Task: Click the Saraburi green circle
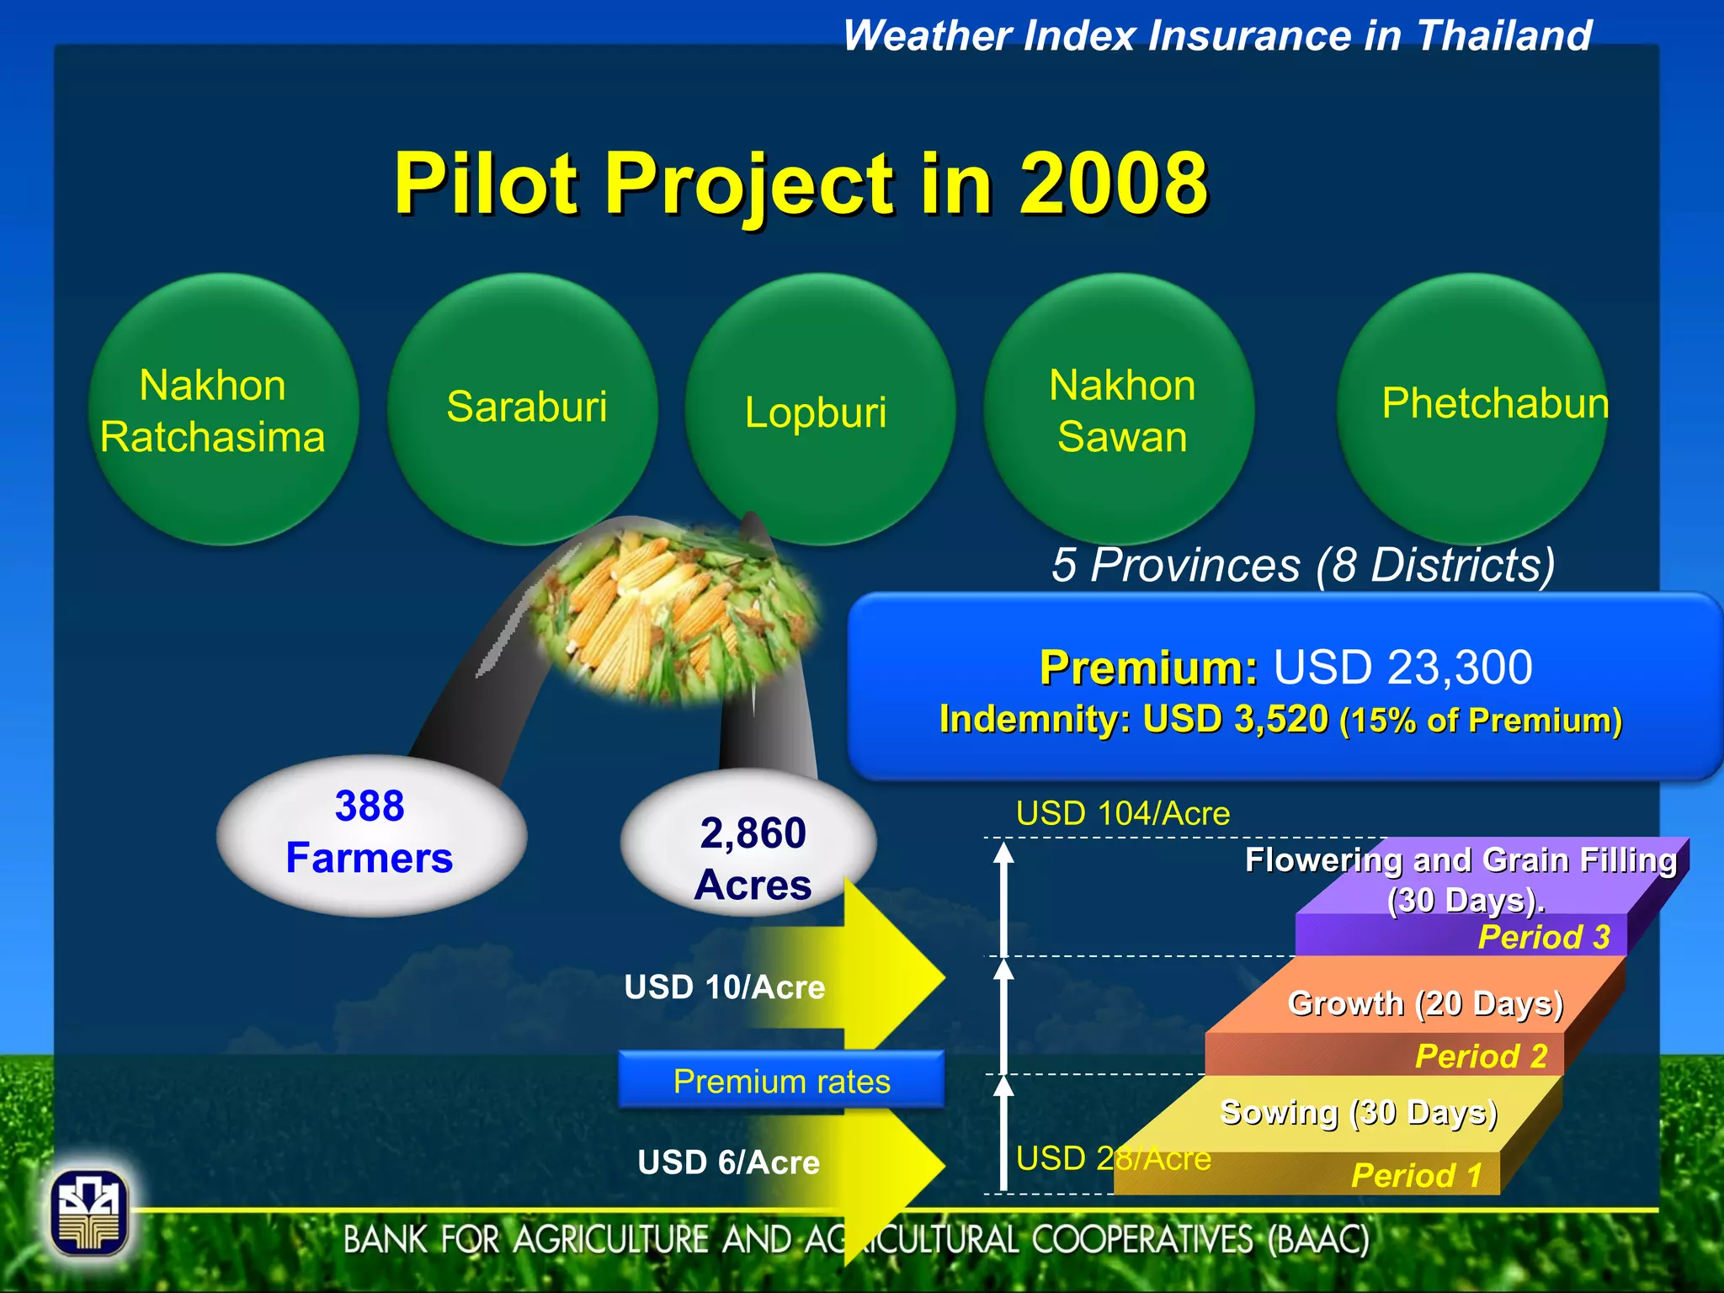coord(522,408)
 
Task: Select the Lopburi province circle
coord(819,411)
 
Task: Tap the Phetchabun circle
coord(1471,408)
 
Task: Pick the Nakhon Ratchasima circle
coord(224,410)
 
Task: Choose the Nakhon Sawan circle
coord(1119,410)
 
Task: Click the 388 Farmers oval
coord(370,833)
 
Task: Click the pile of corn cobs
coord(673,615)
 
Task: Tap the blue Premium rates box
coord(781,1081)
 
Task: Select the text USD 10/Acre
coord(724,987)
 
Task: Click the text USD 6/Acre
coord(728,1163)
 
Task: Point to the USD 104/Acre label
coord(1122,813)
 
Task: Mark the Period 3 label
coord(1544,937)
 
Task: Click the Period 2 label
coord(1481,1056)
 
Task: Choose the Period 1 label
coord(1416,1175)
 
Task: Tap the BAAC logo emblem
coord(89,1213)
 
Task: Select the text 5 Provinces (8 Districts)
coord(1302,565)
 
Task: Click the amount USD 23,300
coord(1402,668)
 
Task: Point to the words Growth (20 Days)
coord(1425,1003)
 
